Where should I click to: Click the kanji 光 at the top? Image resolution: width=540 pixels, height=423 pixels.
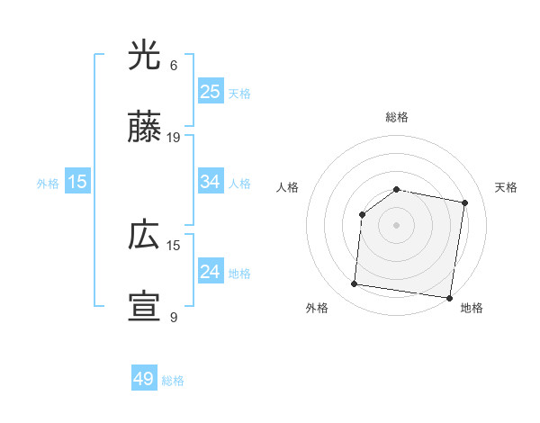pyautogui.click(x=144, y=57)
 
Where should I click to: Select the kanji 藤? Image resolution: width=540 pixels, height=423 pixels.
pyautogui.click(x=144, y=130)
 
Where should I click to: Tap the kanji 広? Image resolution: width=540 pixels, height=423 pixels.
pyautogui.click(x=144, y=237)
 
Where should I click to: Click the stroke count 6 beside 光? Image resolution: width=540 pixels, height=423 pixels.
pyautogui.click(x=174, y=66)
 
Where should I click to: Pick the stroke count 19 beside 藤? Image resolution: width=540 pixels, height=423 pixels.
pyautogui.click(x=174, y=138)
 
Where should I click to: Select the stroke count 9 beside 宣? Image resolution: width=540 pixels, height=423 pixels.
pyautogui.click(x=174, y=317)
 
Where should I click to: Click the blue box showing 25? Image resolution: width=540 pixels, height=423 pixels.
pyautogui.click(x=210, y=91)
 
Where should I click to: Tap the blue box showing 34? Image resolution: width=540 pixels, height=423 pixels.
pyautogui.click(x=210, y=182)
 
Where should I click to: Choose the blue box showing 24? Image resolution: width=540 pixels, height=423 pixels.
pyautogui.click(x=210, y=272)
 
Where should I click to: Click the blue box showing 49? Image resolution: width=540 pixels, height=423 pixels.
pyautogui.click(x=144, y=379)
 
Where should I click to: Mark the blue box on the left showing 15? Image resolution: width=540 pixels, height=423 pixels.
pyautogui.click(x=77, y=182)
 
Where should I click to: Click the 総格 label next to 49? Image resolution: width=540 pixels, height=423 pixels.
pyautogui.click(x=173, y=381)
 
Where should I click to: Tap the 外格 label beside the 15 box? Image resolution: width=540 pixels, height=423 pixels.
pyautogui.click(x=48, y=184)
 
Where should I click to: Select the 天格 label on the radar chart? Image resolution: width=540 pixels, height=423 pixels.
pyautogui.click(x=506, y=187)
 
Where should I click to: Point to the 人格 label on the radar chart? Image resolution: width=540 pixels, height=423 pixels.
pyautogui.click(x=287, y=187)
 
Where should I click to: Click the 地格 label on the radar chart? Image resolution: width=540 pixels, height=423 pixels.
pyautogui.click(x=472, y=308)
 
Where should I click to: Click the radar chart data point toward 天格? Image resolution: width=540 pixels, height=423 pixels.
pyautogui.click(x=464, y=203)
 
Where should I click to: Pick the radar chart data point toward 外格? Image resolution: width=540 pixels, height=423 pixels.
pyautogui.click(x=354, y=284)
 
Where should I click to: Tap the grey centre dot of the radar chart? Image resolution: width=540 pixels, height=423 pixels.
pyautogui.click(x=396, y=224)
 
